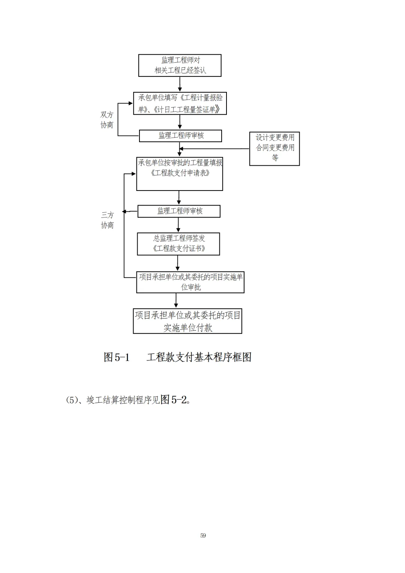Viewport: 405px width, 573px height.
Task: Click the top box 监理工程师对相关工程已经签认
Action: pyautogui.click(x=180, y=65)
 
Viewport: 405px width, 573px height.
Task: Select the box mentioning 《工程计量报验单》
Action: pyautogui.click(x=180, y=103)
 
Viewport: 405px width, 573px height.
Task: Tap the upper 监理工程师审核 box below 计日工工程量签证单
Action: pyautogui.click(x=180, y=136)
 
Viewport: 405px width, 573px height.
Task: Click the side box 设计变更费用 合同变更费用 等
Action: pyautogui.click(x=274, y=148)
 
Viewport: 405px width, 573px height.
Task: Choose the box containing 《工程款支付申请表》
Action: pyautogui.click(x=180, y=174)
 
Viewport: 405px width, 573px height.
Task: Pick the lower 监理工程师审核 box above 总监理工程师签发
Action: pyautogui.click(x=179, y=211)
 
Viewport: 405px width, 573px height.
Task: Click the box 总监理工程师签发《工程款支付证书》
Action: pyautogui.click(x=178, y=244)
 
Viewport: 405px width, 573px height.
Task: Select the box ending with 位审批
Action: pyautogui.click(x=190, y=282)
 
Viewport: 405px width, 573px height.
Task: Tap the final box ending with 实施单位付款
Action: pyautogui.click(x=187, y=321)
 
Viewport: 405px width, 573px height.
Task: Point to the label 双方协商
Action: pyautogui.click(x=107, y=120)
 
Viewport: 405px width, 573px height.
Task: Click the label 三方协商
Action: pyautogui.click(x=107, y=220)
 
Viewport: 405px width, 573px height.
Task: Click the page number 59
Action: pyautogui.click(x=203, y=535)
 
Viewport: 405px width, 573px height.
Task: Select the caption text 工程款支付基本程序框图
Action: pyautogui.click(x=199, y=357)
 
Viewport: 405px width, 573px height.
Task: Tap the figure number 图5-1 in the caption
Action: pyautogui.click(x=117, y=357)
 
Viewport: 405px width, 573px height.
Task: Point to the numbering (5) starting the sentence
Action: pyautogui.click(x=71, y=400)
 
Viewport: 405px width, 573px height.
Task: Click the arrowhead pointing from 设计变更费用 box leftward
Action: pyautogui.click(x=181, y=149)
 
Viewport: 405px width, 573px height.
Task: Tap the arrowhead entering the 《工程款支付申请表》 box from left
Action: pyautogui.click(x=134, y=174)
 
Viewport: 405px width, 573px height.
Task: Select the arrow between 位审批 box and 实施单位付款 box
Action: pyautogui.click(x=176, y=301)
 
